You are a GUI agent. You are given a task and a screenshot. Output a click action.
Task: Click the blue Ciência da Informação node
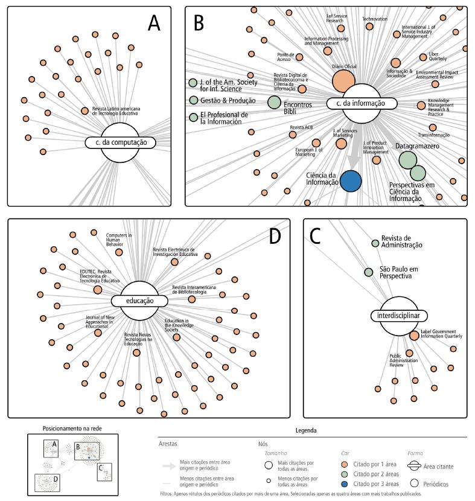351,181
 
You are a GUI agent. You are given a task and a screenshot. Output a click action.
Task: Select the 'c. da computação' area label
120,143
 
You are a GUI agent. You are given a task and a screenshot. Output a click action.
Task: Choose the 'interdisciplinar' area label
399,315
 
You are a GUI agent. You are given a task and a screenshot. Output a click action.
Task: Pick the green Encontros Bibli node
274,103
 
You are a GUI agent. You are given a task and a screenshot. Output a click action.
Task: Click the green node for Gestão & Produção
193,100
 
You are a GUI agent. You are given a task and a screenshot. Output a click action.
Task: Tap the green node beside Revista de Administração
375,243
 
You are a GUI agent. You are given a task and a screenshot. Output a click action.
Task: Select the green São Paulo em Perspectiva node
369,272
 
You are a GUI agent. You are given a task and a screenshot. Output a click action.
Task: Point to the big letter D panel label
274,236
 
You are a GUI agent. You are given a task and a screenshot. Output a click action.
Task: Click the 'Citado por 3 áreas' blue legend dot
343,483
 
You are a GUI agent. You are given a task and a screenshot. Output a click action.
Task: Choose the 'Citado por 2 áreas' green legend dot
343,474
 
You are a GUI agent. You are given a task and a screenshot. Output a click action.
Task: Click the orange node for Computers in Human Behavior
119,252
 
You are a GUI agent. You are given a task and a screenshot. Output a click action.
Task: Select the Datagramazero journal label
418,147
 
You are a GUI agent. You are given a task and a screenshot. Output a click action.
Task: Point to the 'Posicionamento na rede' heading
72,428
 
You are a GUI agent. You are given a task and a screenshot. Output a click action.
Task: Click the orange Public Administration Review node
409,353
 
